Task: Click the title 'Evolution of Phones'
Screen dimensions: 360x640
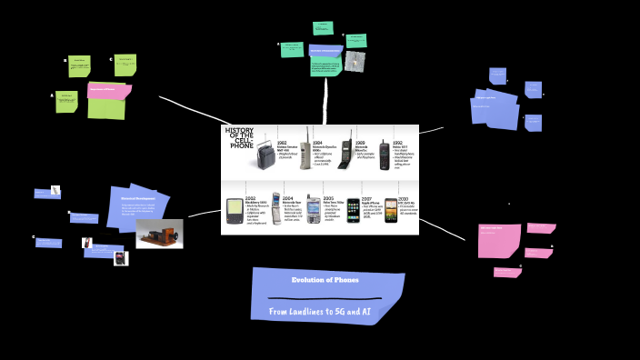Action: click(325, 280)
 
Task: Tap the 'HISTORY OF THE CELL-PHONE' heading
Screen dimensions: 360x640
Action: click(241, 137)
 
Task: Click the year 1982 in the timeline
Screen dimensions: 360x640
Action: click(282, 143)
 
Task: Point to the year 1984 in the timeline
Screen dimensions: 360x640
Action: click(317, 143)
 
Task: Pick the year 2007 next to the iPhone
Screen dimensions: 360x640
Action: click(366, 197)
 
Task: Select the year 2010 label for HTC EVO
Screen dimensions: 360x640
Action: click(403, 197)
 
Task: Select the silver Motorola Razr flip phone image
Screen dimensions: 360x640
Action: click(276, 210)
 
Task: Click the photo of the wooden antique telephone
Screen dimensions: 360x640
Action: click(159, 234)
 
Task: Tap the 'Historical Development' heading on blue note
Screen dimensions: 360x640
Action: click(138, 197)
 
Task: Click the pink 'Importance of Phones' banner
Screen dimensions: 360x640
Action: click(109, 90)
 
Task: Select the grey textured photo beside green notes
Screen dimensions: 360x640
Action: click(355, 61)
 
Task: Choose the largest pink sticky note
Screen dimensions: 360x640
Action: click(499, 240)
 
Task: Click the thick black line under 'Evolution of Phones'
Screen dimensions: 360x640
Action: click(325, 298)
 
